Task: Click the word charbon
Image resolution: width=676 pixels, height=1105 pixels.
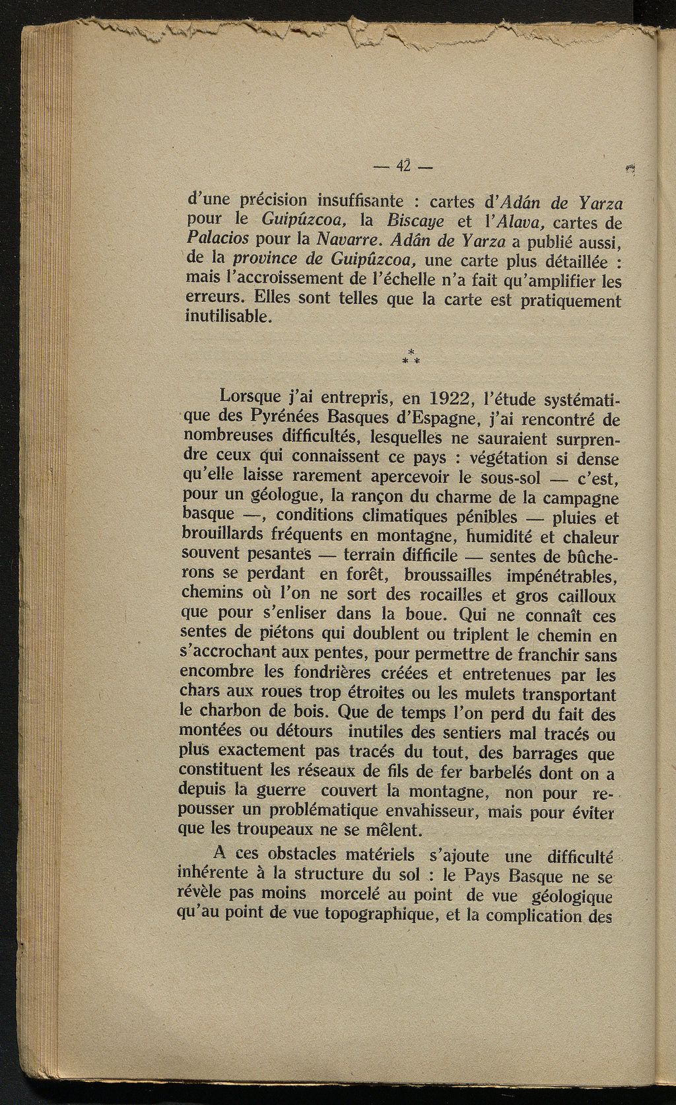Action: pyautogui.click(x=230, y=713)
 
